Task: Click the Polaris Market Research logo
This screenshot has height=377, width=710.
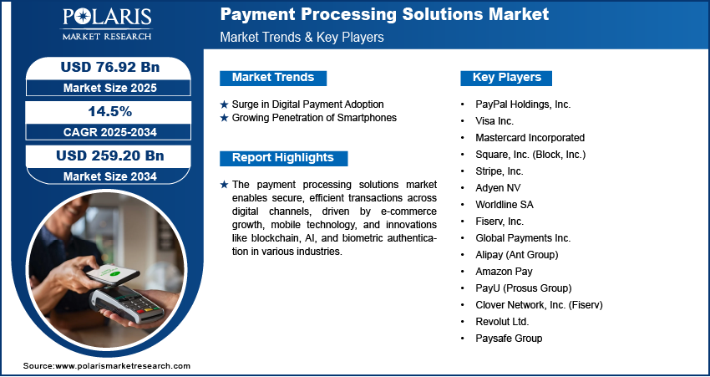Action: point(107,24)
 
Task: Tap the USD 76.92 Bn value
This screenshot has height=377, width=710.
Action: point(110,67)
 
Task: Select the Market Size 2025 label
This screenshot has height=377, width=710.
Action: point(110,88)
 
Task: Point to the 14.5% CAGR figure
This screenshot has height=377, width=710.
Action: point(110,111)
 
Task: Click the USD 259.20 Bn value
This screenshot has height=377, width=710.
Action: point(110,155)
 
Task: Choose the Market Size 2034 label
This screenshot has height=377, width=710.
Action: point(110,176)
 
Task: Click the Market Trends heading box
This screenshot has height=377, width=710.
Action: point(273,78)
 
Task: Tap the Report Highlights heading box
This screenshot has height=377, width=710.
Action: point(283,158)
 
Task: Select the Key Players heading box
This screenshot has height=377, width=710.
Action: point(506,78)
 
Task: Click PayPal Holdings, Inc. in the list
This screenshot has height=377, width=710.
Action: point(523,104)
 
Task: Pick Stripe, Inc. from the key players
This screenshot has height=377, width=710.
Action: point(500,171)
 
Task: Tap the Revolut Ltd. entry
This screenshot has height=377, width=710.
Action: point(502,322)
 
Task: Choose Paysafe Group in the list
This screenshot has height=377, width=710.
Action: point(509,338)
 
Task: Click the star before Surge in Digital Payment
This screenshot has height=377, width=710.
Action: point(224,104)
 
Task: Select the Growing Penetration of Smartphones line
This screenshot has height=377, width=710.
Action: point(314,118)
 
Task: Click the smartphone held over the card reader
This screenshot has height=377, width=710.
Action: point(113,274)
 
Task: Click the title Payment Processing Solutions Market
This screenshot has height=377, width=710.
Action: point(384,14)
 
